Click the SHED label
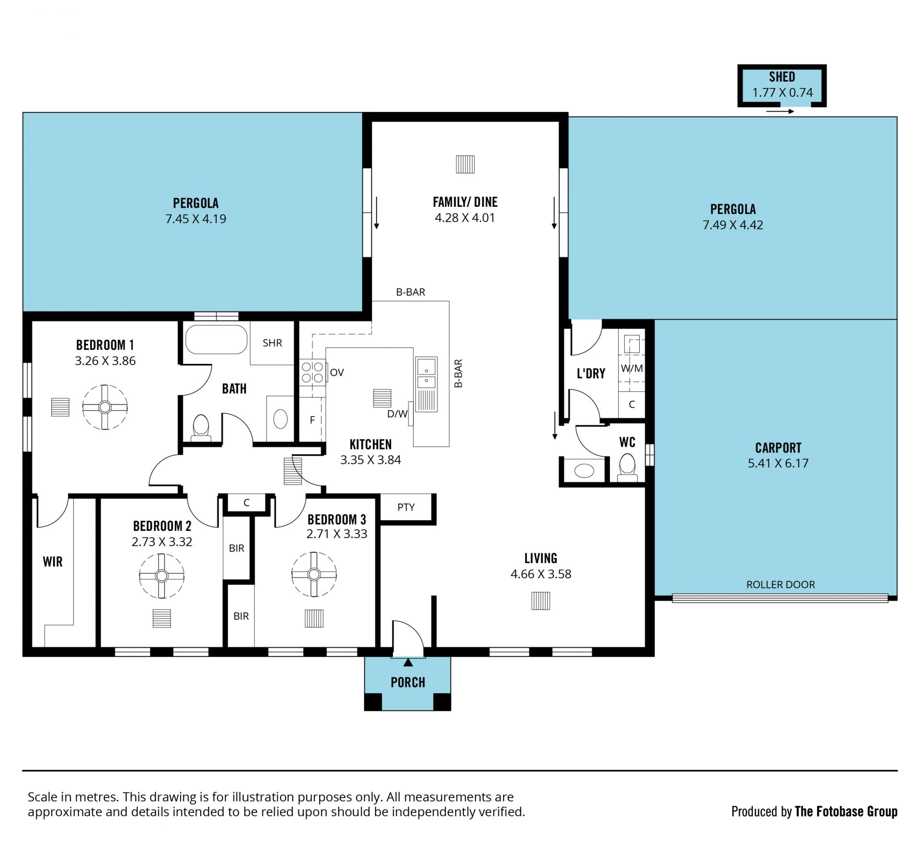point(782,77)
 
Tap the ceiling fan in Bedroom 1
point(105,407)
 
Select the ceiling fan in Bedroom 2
point(161,576)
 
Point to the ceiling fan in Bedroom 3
point(314,574)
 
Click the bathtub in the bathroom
point(216,339)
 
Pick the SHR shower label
point(272,343)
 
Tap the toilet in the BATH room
point(201,427)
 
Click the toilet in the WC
point(627,467)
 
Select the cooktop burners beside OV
point(312,372)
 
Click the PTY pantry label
point(406,507)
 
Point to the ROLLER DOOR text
point(781,584)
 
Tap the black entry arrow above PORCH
point(408,662)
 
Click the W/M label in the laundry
point(632,368)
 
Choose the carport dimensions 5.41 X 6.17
point(778,463)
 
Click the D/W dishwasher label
point(397,414)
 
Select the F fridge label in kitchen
point(312,420)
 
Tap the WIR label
point(53,561)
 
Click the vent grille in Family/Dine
point(465,164)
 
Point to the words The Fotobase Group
point(846,811)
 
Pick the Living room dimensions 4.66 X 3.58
point(541,574)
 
